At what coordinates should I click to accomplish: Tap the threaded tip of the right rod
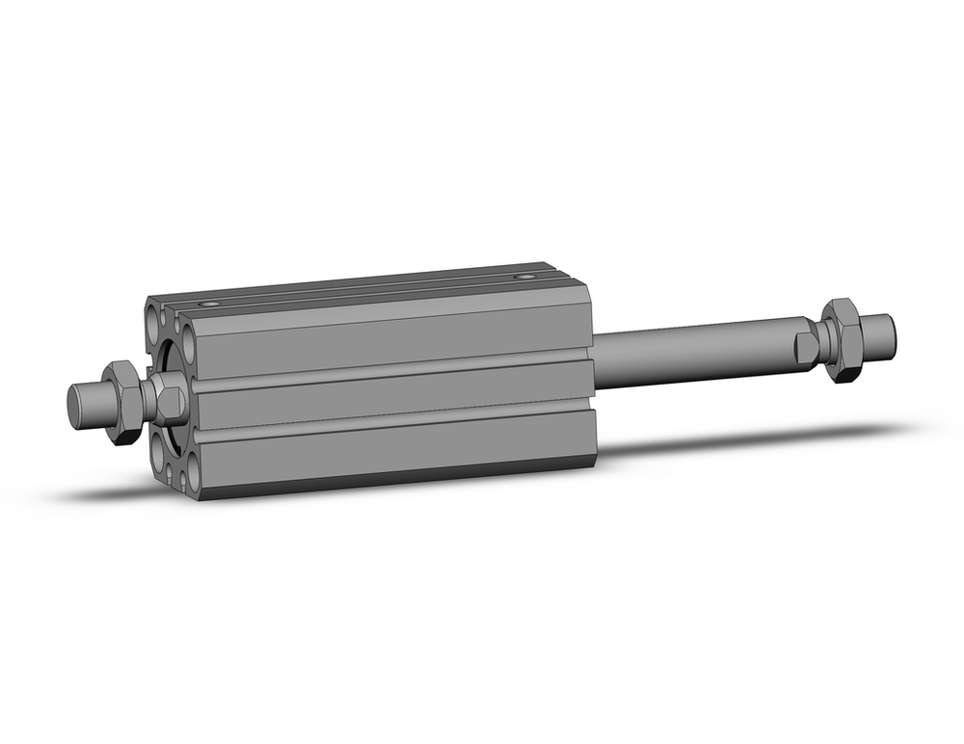(878, 332)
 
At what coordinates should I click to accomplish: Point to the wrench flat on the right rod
(806, 347)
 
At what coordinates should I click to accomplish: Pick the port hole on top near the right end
(524, 277)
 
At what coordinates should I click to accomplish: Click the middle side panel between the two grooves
(386, 395)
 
